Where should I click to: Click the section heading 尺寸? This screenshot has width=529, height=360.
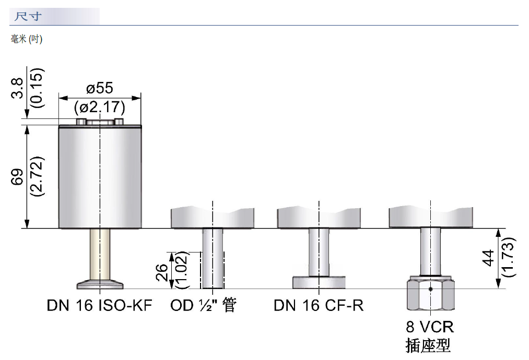(x=28, y=16)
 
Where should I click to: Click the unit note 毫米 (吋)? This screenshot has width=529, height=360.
(x=26, y=39)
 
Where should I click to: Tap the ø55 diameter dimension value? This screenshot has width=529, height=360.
(x=100, y=88)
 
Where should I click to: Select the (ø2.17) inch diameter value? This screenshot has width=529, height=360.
(x=100, y=107)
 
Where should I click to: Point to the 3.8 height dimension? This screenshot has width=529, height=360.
(x=18, y=88)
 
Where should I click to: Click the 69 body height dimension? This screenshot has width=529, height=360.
(x=18, y=177)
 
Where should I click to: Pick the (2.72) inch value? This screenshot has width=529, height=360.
(x=37, y=176)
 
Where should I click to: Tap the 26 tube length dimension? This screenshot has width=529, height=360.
(x=162, y=272)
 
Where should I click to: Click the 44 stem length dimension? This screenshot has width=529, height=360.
(x=489, y=258)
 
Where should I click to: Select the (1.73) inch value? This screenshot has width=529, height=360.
(x=509, y=258)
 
